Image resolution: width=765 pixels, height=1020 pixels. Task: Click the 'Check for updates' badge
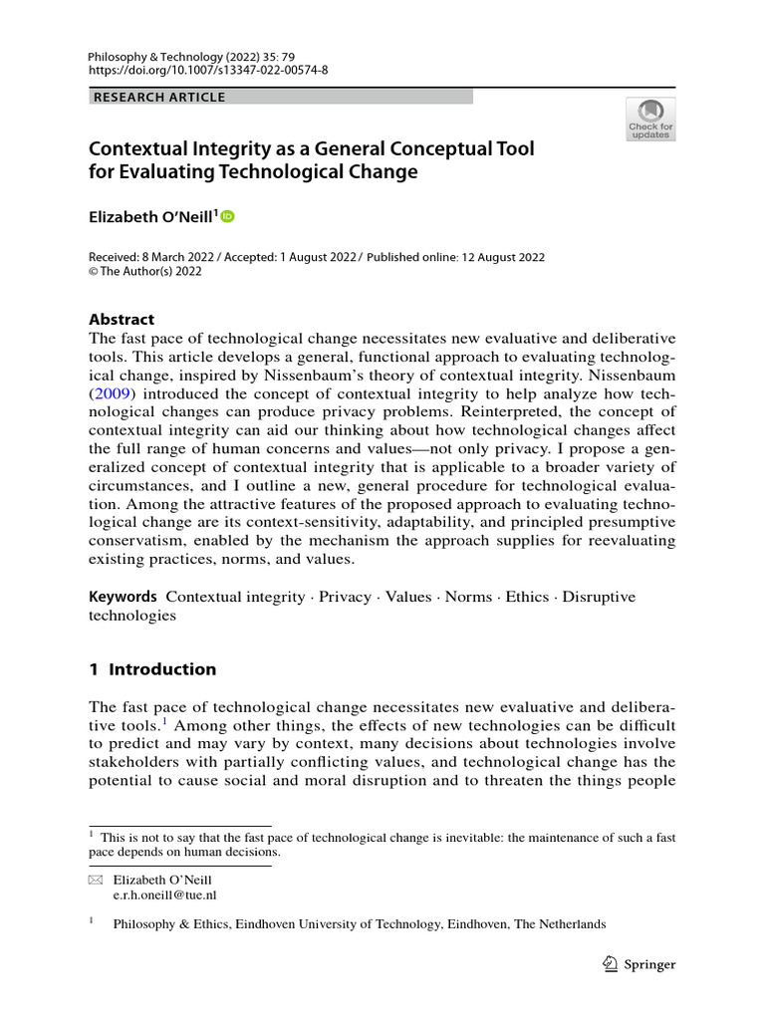[x=650, y=119]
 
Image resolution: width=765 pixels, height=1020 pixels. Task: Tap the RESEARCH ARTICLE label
[x=159, y=97]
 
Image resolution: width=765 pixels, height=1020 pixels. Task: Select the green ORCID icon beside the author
[x=227, y=215]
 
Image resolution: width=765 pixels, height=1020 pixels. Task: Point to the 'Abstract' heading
[x=122, y=319]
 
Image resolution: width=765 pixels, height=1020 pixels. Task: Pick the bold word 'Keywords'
[x=124, y=597]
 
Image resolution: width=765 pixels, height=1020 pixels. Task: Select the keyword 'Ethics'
[x=528, y=597]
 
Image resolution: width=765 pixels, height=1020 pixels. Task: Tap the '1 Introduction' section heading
[x=152, y=669]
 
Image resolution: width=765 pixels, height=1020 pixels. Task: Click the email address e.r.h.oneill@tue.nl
[x=165, y=894]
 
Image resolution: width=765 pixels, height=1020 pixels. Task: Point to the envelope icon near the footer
[x=96, y=881]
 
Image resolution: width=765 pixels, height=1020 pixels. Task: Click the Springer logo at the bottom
[x=640, y=963]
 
